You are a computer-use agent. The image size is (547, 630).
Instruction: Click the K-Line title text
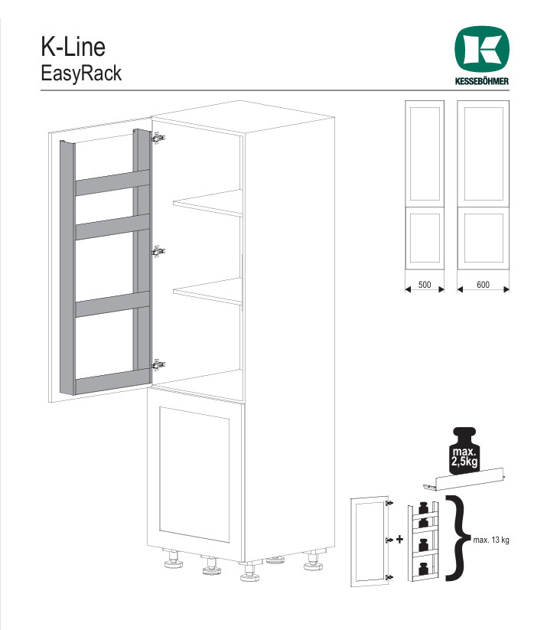coord(73,47)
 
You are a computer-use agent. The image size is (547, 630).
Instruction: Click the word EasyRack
coord(81,73)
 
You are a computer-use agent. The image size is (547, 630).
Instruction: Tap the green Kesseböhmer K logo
coord(481,50)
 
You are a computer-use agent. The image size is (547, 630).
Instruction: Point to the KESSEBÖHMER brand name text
coord(481,80)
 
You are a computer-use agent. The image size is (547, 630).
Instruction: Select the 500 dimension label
coord(425,285)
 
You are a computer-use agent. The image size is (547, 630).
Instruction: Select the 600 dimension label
coord(484,285)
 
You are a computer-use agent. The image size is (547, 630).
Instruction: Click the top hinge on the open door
coord(158,138)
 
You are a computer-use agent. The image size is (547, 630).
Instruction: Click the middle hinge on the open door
coord(158,252)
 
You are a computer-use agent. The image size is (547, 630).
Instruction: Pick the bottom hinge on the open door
coord(158,365)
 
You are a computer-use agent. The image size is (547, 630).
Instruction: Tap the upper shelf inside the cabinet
coord(208,204)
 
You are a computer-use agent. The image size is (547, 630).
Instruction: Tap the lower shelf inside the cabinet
coord(208,291)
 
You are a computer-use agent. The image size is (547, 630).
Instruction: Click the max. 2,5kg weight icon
coord(464,450)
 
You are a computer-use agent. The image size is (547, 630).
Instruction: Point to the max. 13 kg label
coord(491,540)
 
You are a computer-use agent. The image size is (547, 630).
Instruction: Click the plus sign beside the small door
coord(399,539)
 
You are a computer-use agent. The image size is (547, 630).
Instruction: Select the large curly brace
coord(457,538)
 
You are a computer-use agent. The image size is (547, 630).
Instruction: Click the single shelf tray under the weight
coord(464,479)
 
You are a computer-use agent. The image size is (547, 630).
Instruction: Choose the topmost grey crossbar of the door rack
coord(112,182)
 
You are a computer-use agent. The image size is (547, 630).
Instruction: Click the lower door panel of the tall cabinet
coord(196,475)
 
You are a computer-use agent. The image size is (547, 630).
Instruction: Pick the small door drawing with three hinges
coord(370,541)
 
